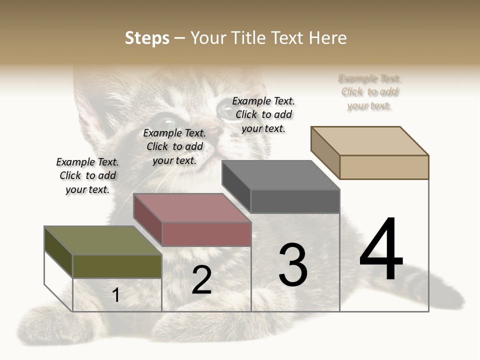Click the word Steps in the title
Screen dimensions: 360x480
coord(147,38)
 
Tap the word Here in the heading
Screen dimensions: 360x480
coord(327,38)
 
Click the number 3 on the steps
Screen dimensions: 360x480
coord(293,264)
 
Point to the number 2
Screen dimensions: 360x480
coord(202,280)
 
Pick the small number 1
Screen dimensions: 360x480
coord(116,295)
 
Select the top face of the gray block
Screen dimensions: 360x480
coord(280,175)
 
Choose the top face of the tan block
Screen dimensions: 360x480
coord(369,140)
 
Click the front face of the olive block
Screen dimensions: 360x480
coord(117,266)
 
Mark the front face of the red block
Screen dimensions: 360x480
coord(206,234)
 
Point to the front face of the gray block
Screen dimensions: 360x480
coord(295,201)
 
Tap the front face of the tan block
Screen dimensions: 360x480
coord(384,167)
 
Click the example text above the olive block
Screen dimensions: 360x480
coord(87,175)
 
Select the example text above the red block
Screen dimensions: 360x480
coord(174,146)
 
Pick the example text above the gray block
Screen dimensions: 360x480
coord(263,114)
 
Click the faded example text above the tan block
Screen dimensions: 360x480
coord(369,92)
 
